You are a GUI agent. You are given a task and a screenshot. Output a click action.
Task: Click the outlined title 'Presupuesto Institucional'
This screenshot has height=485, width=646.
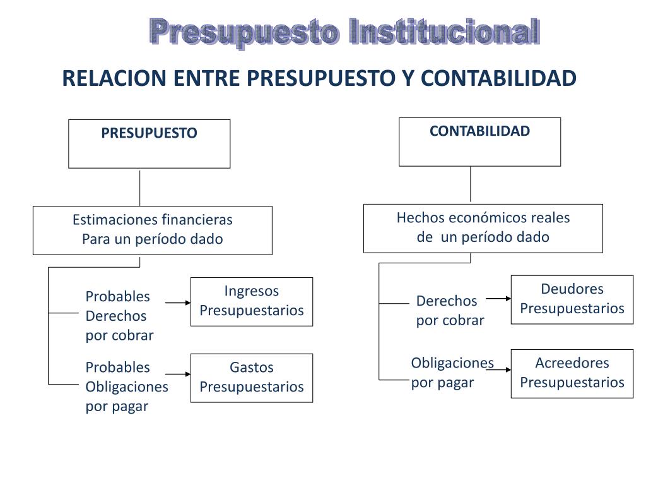[x=344, y=32]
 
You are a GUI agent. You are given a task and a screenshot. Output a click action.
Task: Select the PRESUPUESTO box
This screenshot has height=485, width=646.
[x=149, y=144]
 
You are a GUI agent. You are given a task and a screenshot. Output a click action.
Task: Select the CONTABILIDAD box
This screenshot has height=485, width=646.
[x=479, y=142]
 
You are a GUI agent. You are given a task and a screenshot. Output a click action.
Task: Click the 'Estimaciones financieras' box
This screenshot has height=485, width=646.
[x=152, y=230]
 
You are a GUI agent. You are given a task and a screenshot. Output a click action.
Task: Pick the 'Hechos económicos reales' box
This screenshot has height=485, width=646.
[x=483, y=228]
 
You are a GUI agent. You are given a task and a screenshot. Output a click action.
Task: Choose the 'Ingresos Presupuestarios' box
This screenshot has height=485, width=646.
[x=251, y=301]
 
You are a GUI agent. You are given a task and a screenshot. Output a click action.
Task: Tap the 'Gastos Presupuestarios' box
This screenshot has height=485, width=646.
[x=251, y=378]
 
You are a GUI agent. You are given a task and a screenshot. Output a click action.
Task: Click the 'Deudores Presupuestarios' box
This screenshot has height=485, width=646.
[x=572, y=299]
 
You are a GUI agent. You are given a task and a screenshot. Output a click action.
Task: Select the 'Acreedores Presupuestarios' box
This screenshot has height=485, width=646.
[x=572, y=373]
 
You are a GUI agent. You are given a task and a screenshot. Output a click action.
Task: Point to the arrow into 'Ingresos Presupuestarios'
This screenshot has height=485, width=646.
[x=179, y=303]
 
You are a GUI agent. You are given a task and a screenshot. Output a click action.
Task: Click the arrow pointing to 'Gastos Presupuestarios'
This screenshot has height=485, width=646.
[x=179, y=374]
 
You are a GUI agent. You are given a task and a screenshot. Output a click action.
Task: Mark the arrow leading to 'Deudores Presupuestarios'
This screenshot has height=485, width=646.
[x=498, y=299]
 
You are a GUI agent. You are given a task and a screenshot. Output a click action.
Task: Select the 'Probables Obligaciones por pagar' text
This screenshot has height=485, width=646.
[x=126, y=386]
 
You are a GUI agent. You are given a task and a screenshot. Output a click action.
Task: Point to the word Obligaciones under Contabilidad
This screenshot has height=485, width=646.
[x=452, y=363]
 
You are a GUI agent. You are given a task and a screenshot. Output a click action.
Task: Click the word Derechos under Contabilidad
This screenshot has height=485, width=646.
[x=447, y=301]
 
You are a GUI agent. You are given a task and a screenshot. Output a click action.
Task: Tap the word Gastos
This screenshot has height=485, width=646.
[x=251, y=368]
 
